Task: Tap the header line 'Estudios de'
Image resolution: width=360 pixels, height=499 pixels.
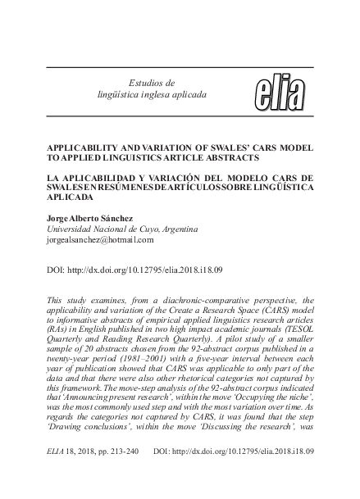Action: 153,83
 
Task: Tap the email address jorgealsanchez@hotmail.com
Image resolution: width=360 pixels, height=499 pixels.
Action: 90,242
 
